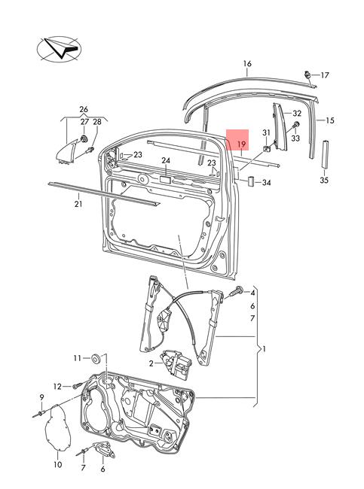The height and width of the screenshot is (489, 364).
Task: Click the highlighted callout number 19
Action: point(241,144)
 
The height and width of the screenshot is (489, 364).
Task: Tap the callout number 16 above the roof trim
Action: point(247,64)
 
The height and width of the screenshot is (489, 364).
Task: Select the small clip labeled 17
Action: point(307,75)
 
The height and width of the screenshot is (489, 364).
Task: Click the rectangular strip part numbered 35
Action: point(325,154)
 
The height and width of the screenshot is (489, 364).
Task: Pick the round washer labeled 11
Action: point(96,359)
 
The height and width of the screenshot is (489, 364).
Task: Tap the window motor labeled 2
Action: point(176,365)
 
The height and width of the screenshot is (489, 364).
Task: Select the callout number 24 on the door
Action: point(166,160)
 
